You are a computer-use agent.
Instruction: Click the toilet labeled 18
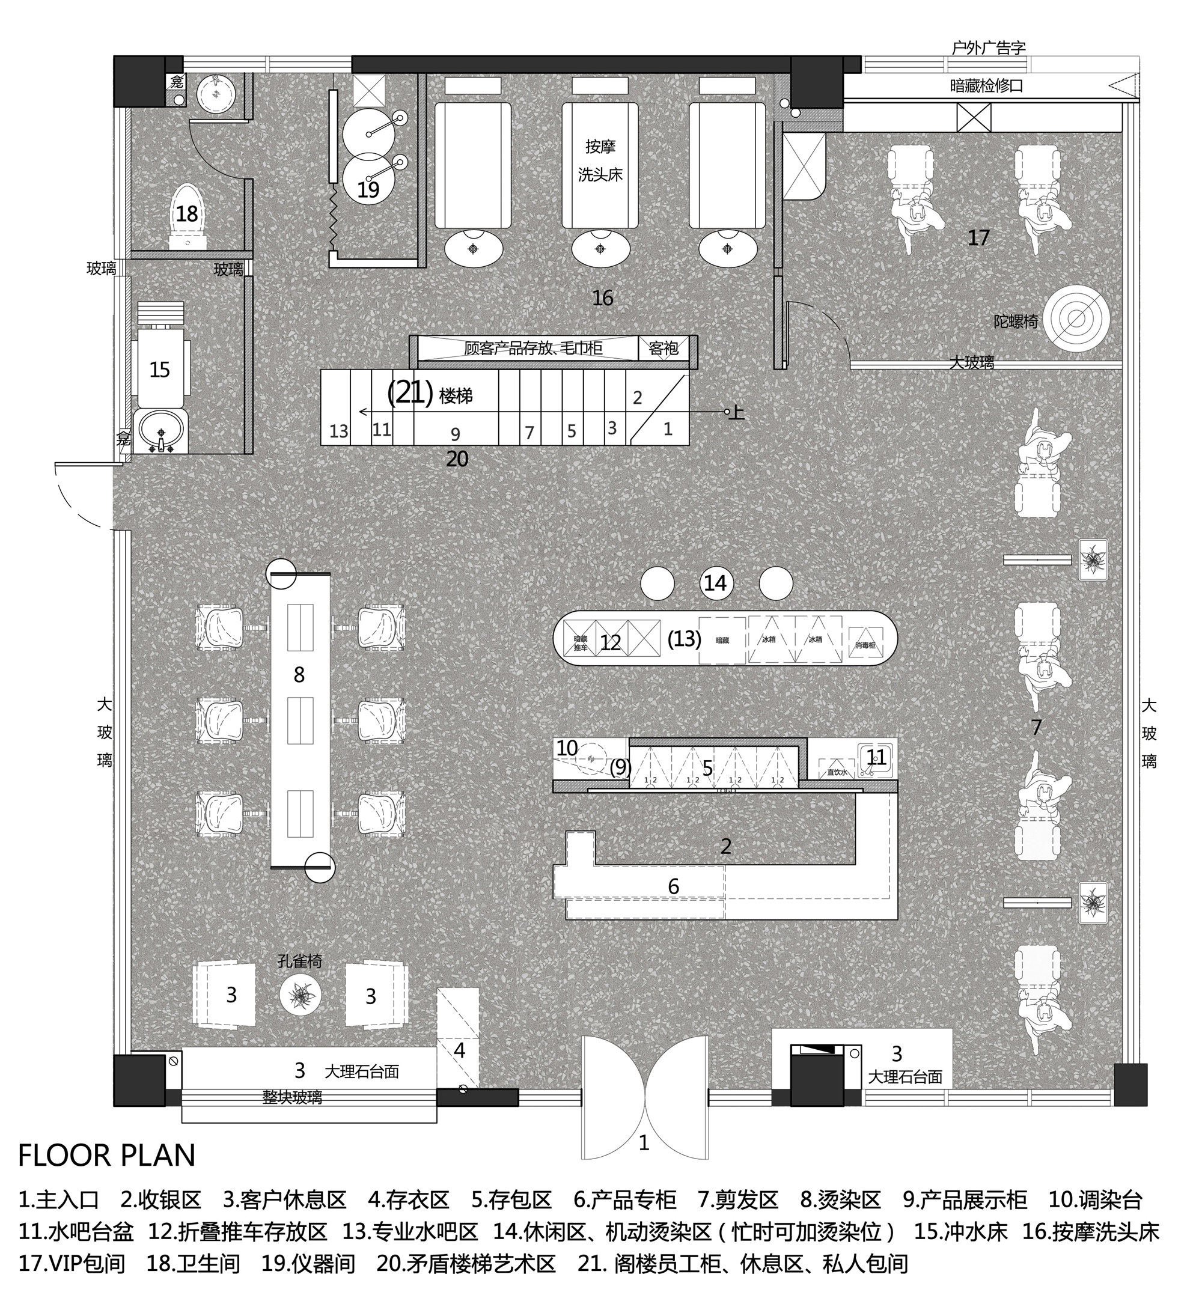188,216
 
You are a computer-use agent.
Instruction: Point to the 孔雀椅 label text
300,961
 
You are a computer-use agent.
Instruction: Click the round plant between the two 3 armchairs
300,995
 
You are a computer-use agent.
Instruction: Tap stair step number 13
338,431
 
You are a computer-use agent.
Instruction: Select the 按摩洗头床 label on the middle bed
600,161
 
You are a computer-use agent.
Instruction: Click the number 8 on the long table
299,675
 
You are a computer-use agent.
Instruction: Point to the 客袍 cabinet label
664,349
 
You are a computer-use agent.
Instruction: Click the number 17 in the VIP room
978,238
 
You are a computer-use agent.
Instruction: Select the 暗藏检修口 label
986,85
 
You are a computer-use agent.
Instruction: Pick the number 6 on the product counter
673,886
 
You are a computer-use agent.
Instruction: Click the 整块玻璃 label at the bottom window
292,1097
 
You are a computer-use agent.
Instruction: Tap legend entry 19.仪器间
308,1263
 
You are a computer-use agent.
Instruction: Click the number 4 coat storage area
459,1050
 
